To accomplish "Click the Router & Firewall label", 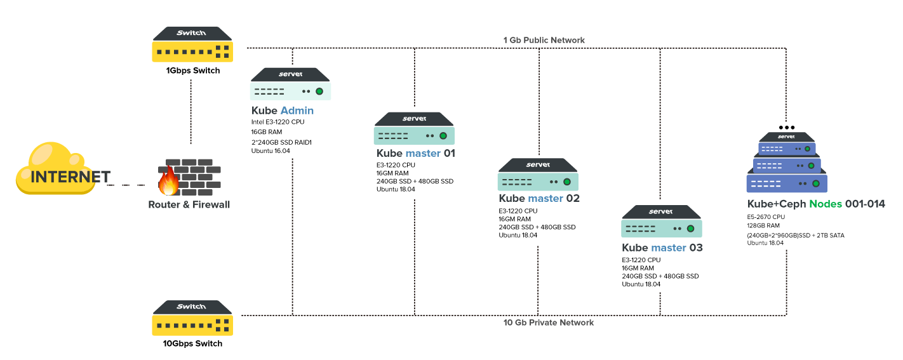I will coord(189,205).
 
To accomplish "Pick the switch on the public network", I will coord(192,44).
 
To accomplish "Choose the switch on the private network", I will coord(192,318).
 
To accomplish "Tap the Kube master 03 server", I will coord(661,222).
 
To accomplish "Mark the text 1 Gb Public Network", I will coord(544,40).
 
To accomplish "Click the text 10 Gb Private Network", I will coord(548,323).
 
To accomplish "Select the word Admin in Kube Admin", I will coord(297,111).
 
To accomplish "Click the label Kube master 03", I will coord(662,248).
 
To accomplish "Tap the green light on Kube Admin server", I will coord(319,91).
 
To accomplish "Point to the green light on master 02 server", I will coord(567,182).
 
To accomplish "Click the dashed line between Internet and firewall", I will coord(130,185).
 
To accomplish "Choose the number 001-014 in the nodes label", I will coord(865,204).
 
